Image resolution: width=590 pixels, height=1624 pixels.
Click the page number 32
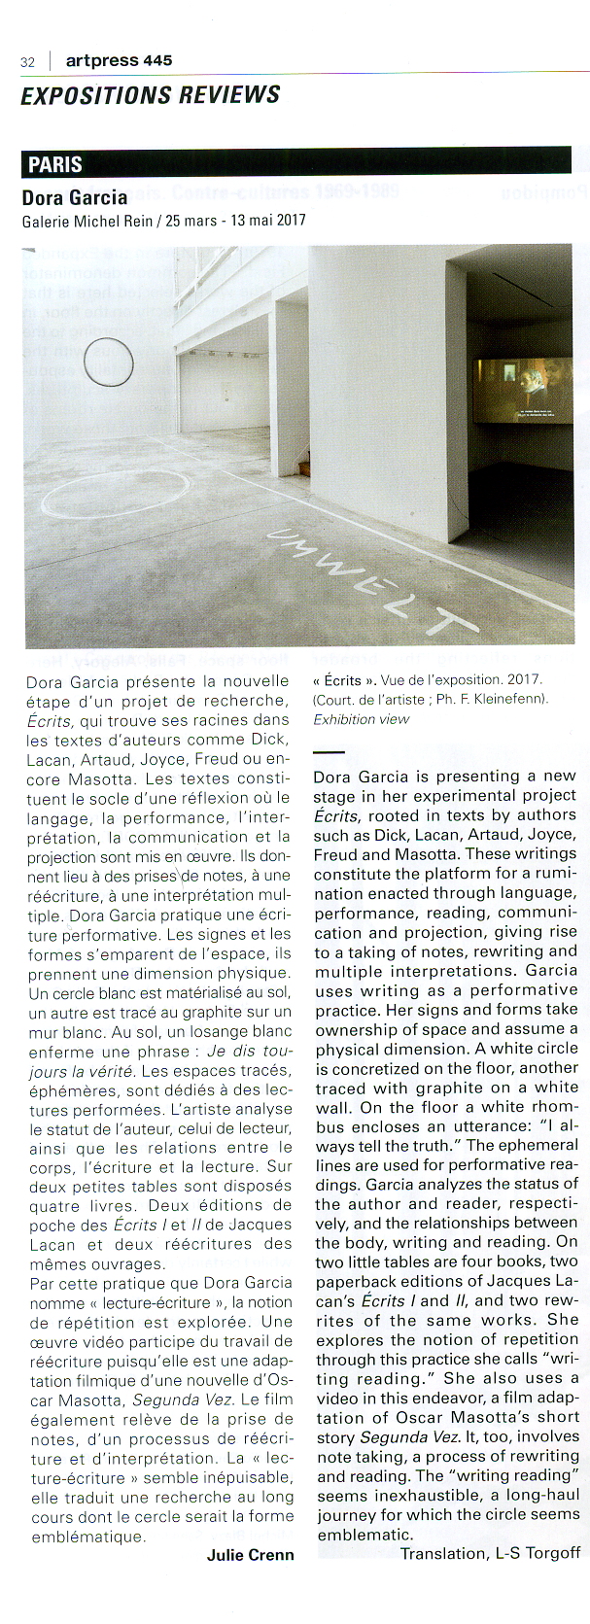27,62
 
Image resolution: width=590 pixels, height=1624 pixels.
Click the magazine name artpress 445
119,60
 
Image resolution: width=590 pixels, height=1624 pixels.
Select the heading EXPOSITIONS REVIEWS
151,95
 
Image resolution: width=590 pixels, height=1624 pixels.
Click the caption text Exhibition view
361,719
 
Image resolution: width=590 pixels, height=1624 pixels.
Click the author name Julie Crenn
250,1554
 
